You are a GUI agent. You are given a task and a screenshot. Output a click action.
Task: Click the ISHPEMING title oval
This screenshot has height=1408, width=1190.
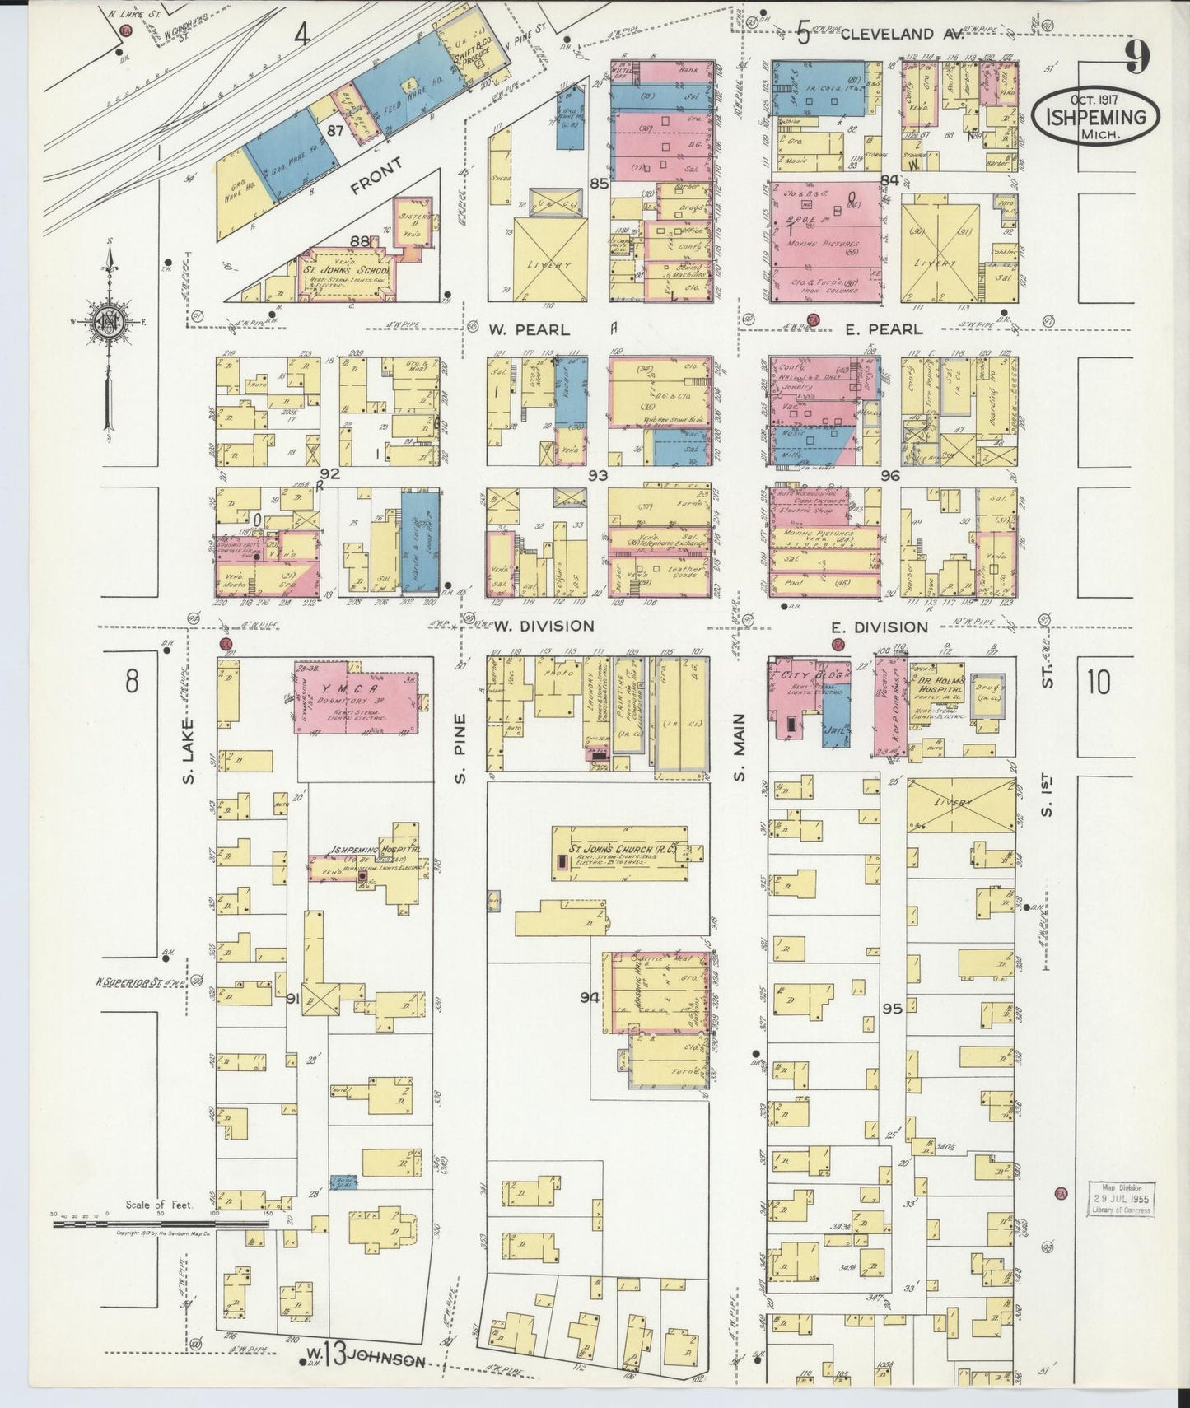(x=1095, y=118)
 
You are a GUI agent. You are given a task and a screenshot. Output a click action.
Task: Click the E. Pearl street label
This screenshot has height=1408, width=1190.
(x=884, y=329)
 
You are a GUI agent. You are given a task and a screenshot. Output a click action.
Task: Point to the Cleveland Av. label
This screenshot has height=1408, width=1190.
(x=889, y=34)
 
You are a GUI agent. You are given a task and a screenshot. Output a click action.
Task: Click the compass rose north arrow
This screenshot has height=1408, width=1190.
(x=109, y=272)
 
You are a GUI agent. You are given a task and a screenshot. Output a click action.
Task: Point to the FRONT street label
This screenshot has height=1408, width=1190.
(x=377, y=175)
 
